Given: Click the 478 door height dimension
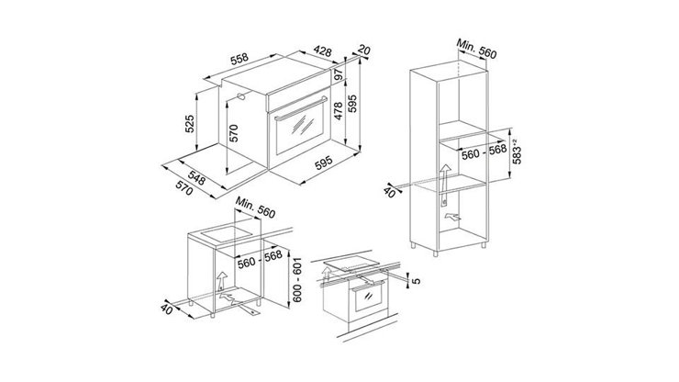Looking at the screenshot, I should click(338, 112).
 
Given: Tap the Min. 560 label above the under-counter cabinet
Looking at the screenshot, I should click(254, 211).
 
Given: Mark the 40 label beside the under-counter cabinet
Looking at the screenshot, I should click(167, 309).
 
